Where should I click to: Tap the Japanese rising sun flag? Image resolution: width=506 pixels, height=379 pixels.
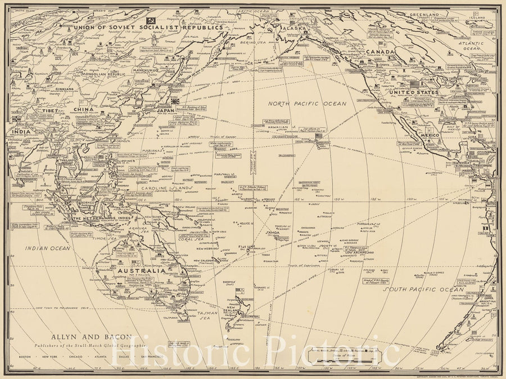[175, 101]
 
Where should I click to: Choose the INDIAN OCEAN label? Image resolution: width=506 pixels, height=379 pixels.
[47, 247]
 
